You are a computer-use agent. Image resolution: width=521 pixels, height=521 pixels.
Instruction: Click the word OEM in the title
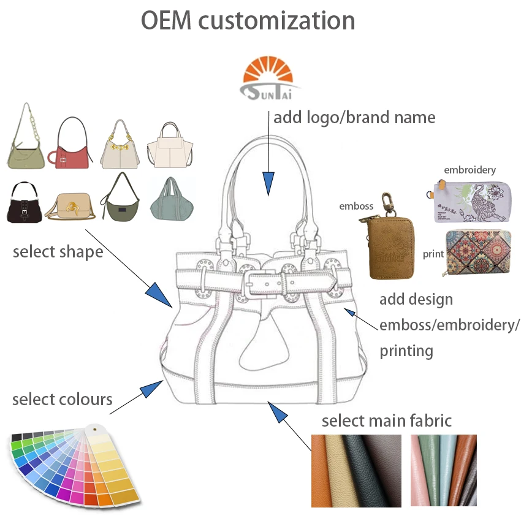(x=166, y=20)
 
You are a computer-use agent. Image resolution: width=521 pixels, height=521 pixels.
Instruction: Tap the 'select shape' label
(x=58, y=251)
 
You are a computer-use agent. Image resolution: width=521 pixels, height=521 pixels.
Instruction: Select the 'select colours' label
(x=62, y=400)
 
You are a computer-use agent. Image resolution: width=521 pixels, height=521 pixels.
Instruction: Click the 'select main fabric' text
(x=386, y=420)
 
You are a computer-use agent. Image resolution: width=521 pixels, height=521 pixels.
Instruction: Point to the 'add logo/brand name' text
(x=354, y=117)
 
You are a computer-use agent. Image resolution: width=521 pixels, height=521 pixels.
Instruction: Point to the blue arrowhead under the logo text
(x=268, y=183)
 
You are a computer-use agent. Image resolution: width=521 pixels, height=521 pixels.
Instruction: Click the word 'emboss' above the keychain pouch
(x=356, y=206)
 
